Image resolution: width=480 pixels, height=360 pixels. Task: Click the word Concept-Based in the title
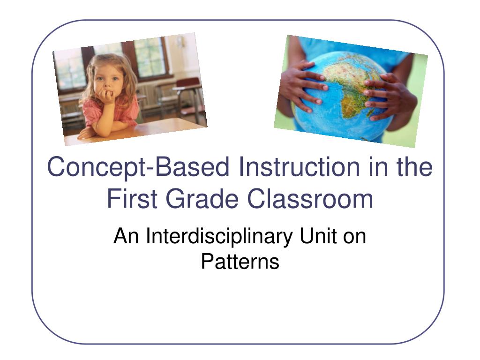tap(138, 167)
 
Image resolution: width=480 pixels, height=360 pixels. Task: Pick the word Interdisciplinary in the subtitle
tap(219, 237)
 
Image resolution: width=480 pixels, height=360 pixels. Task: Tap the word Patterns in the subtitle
tap(240, 262)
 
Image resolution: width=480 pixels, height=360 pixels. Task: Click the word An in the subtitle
tap(126, 236)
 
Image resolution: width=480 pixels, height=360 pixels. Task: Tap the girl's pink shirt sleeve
tap(92, 112)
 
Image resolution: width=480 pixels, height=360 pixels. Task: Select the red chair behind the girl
tap(188, 92)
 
